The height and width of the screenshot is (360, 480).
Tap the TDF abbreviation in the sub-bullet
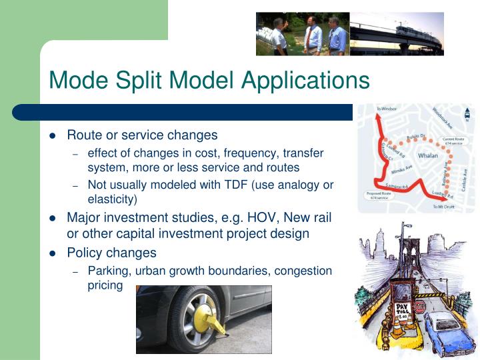pyautogui.click(x=235, y=185)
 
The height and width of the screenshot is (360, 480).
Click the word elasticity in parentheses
pyautogui.click(x=112, y=199)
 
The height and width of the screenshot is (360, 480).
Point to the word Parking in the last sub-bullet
pyautogui.click(x=108, y=271)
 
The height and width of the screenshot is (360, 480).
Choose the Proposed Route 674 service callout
pyautogui.click(x=375, y=195)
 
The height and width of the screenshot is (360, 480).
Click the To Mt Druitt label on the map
pyautogui.click(x=443, y=207)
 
